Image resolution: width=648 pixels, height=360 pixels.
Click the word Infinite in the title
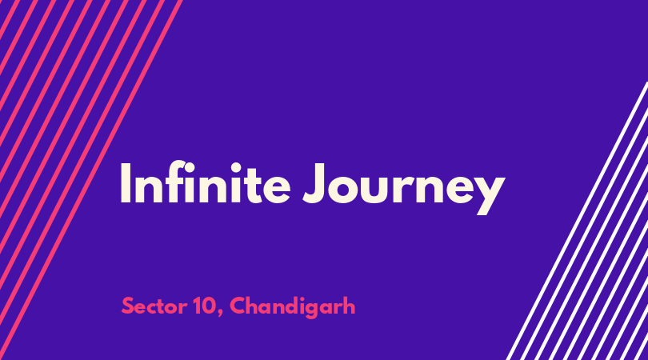(206, 182)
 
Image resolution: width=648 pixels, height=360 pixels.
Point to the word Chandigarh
(293, 307)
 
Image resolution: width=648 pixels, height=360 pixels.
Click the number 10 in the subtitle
(204, 306)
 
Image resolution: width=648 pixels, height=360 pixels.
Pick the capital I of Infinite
(126, 183)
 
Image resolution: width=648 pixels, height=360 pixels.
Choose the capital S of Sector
(128, 306)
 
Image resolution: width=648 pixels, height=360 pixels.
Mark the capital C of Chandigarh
(238, 306)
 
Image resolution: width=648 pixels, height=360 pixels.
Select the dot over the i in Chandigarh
(303, 298)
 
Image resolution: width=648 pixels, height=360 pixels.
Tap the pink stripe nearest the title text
(91, 180)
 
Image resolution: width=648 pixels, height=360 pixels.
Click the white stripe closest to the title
(577, 221)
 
